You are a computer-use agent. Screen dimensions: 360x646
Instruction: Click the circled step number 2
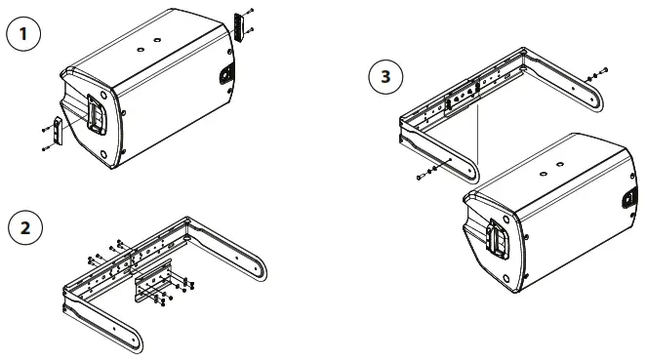click(25, 228)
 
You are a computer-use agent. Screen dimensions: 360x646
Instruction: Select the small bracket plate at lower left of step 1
click(57, 130)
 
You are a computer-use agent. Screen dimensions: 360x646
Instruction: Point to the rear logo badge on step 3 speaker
click(628, 200)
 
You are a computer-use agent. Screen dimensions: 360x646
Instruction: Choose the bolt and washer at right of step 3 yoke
click(598, 74)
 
